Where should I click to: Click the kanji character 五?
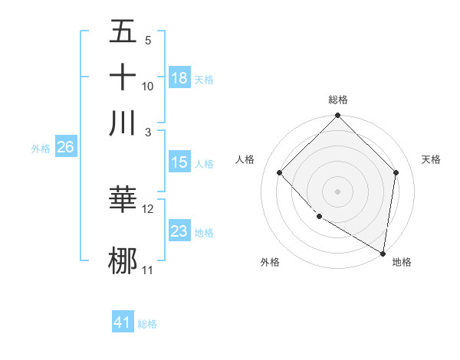pyautogui.click(x=123, y=33)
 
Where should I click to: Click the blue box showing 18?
pyautogui.click(x=179, y=78)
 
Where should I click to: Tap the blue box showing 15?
pyautogui.click(x=179, y=162)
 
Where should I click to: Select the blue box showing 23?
pyautogui.click(x=179, y=231)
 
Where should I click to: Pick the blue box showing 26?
pyautogui.click(x=65, y=148)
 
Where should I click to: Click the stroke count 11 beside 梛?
pyautogui.click(x=148, y=270)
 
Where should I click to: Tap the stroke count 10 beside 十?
pyautogui.click(x=148, y=86)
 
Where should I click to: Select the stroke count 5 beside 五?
pyautogui.click(x=147, y=41)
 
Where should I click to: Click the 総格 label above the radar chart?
pyautogui.click(x=337, y=100)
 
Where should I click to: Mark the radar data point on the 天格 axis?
pyautogui.click(x=396, y=172)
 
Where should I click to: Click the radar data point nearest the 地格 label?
pyautogui.click(x=383, y=253)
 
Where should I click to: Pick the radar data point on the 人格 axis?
pyautogui.click(x=280, y=172)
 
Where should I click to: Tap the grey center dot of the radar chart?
pyautogui.click(x=337, y=191)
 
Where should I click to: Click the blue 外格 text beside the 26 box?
pyautogui.click(x=40, y=149)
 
